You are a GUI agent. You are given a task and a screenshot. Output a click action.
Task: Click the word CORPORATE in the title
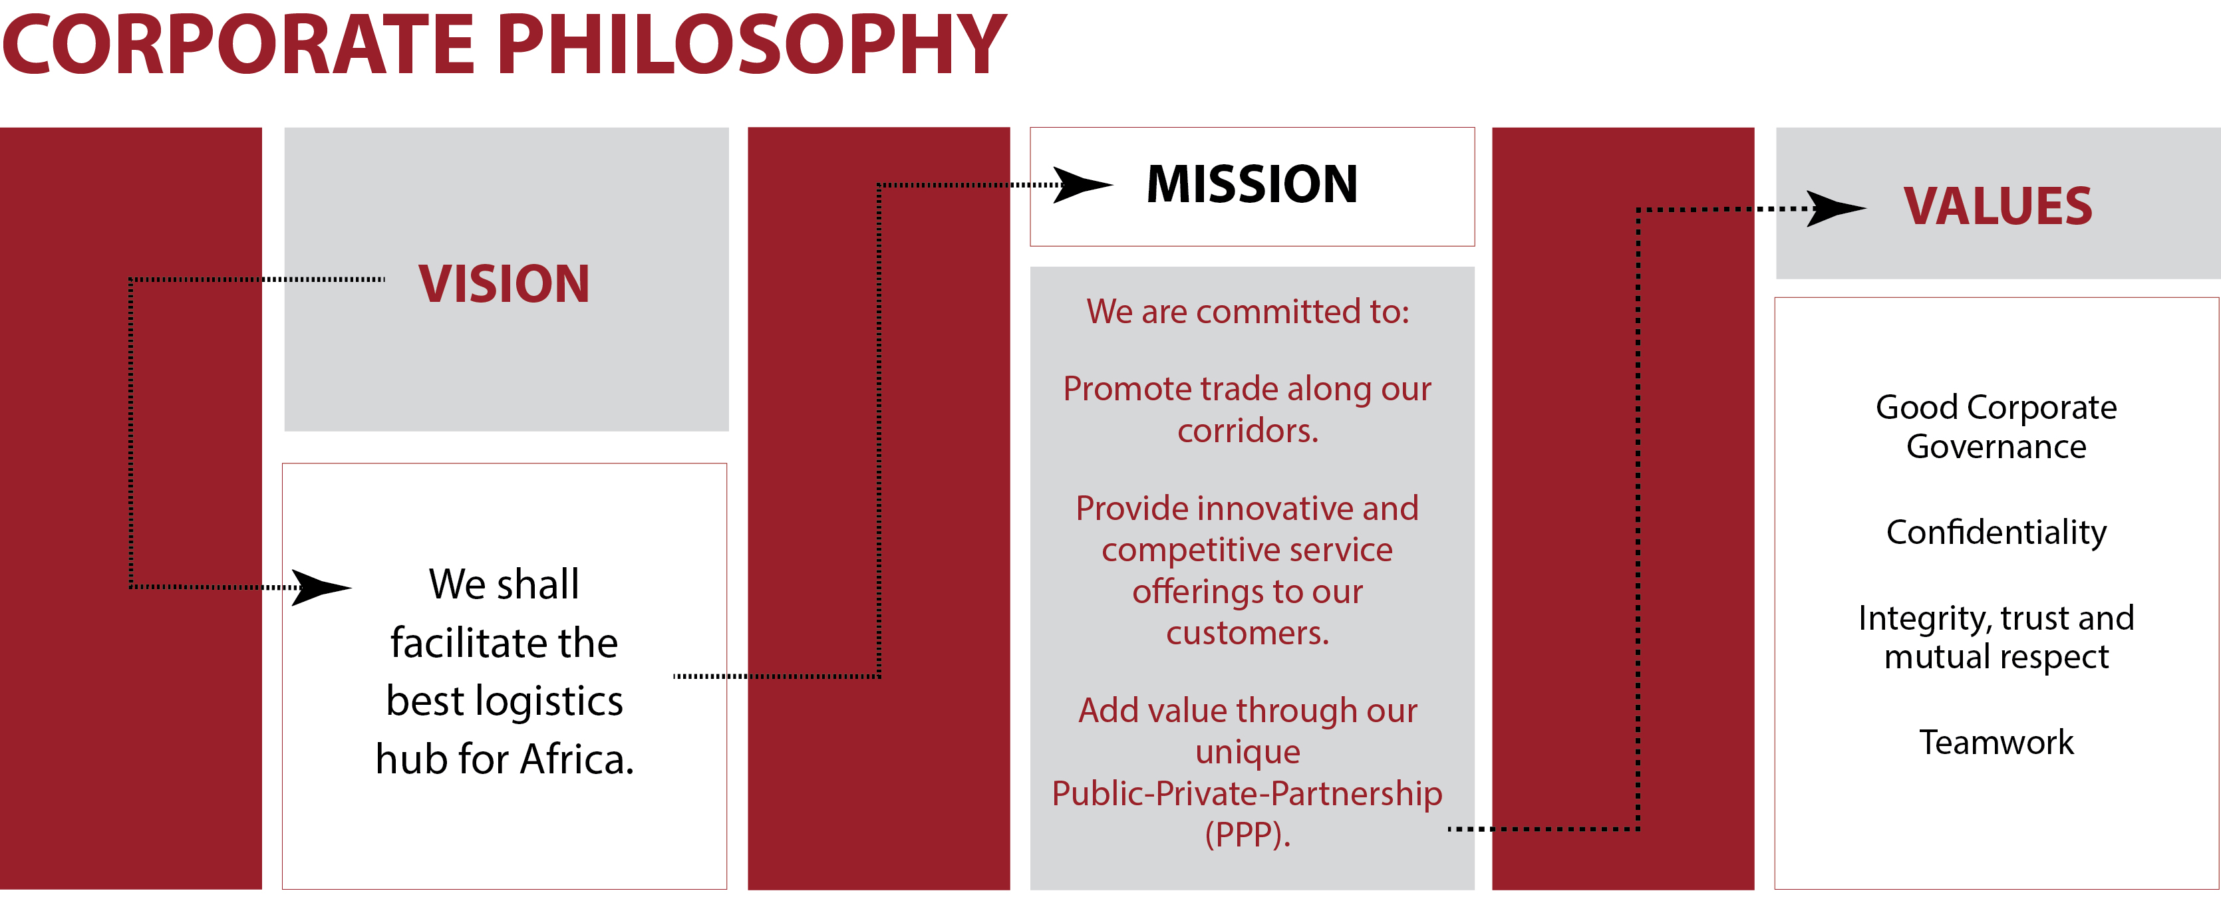pyautogui.click(x=239, y=45)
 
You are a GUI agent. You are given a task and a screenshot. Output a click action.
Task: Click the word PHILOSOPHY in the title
pyautogui.click(x=751, y=45)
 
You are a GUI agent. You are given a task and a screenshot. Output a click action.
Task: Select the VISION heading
pyautogui.click(x=504, y=284)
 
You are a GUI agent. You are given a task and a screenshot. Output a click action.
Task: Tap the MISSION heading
pyautogui.click(x=1252, y=184)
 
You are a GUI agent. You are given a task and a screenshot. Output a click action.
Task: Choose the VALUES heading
pyautogui.click(x=1998, y=206)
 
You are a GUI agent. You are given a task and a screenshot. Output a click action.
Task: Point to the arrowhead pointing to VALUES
pyautogui.click(x=1837, y=209)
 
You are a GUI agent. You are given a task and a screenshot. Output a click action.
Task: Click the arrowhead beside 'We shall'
pyautogui.click(x=321, y=587)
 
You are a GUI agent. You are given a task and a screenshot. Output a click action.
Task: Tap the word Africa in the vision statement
pyautogui.click(x=577, y=759)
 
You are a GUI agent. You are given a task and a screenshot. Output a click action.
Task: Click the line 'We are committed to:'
pyautogui.click(x=1248, y=311)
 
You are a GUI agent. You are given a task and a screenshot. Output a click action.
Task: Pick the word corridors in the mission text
pyautogui.click(x=1248, y=430)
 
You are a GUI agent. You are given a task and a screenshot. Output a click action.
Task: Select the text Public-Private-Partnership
pyautogui.click(x=1247, y=793)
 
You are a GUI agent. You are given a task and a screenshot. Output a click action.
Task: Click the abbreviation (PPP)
pyautogui.click(x=1248, y=835)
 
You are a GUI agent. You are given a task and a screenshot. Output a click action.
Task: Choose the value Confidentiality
pyautogui.click(x=1996, y=532)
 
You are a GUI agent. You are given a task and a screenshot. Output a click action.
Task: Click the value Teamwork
pyautogui.click(x=1996, y=742)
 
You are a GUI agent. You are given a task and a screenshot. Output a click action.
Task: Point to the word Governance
pyautogui.click(x=1996, y=447)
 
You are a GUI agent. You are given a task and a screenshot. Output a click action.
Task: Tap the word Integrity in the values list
pyautogui.click(x=1924, y=618)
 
